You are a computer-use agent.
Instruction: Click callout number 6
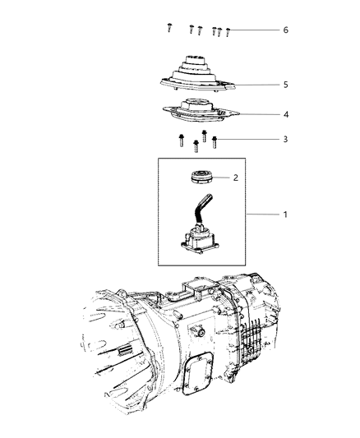285,30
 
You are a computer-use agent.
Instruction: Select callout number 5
285,84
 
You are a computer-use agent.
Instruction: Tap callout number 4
285,115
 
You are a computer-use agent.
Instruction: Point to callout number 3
285,140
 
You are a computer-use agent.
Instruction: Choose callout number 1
285,214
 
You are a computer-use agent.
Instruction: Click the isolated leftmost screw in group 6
168,29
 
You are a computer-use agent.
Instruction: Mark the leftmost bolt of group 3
178,141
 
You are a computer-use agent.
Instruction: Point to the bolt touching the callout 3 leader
215,141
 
